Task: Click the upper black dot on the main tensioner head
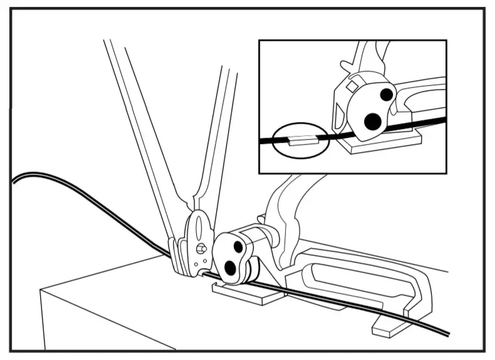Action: [x=239, y=247]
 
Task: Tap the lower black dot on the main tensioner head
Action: [x=230, y=267]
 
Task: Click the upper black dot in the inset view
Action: [x=387, y=95]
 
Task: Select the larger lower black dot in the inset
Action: [x=373, y=121]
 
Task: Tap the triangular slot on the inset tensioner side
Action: [x=339, y=113]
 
